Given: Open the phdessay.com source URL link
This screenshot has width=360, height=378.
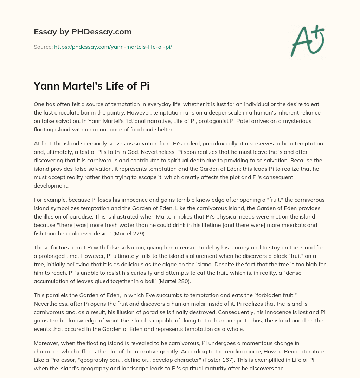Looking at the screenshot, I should [x=113, y=47].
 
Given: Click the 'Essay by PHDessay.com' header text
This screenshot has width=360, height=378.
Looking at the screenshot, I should [x=83, y=32].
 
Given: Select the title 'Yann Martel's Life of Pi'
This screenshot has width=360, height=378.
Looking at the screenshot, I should [x=91, y=86].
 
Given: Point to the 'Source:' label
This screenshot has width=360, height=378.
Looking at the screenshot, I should [x=43, y=47].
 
